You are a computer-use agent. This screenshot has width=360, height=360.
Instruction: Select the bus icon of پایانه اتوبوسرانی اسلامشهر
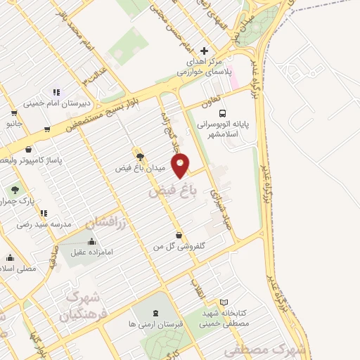pos(223,113)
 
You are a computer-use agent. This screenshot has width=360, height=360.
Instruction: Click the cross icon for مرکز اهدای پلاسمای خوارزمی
pos(205,51)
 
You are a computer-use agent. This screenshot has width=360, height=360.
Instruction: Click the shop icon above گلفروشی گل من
pos(180,236)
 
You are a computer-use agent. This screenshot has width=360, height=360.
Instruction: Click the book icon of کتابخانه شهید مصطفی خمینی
pos(224,302)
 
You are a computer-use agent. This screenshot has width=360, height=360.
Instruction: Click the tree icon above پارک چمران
pos(14,190)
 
